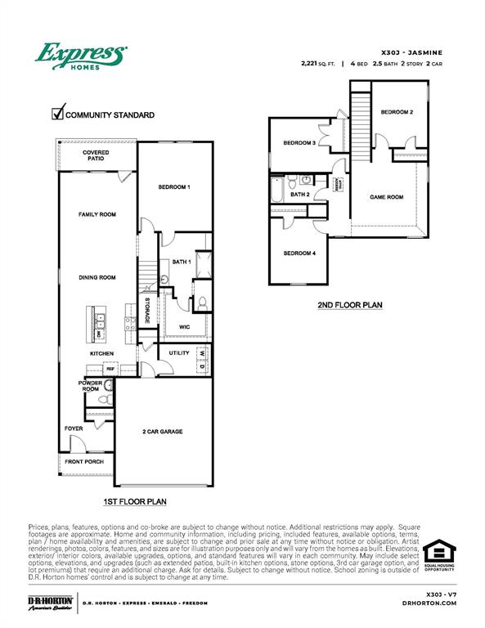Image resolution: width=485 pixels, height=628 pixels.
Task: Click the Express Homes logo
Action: coord(80,57)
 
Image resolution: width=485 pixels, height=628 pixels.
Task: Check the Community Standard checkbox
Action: coord(58,114)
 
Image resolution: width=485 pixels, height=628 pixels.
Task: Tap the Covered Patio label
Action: coord(97,155)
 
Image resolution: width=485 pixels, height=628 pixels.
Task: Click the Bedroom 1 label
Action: coord(174,187)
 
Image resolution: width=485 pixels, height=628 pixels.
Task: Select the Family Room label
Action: coord(97,214)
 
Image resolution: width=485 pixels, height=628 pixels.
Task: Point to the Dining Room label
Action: coord(97,277)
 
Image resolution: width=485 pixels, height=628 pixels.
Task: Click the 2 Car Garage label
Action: coord(161,431)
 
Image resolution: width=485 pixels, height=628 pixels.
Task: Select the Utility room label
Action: coord(179,353)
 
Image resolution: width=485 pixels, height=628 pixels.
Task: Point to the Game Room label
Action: coord(387,197)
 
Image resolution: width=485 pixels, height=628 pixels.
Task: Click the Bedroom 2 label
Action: coord(397,111)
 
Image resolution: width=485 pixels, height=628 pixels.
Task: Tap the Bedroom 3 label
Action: coord(299,143)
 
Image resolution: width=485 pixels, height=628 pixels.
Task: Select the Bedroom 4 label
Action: coord(299,253)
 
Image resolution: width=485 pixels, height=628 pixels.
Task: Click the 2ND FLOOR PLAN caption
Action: coord(349,306)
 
